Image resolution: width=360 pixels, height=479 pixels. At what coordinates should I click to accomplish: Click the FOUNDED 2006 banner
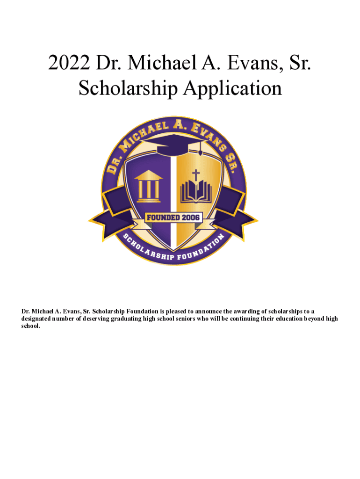click(173, 217)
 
